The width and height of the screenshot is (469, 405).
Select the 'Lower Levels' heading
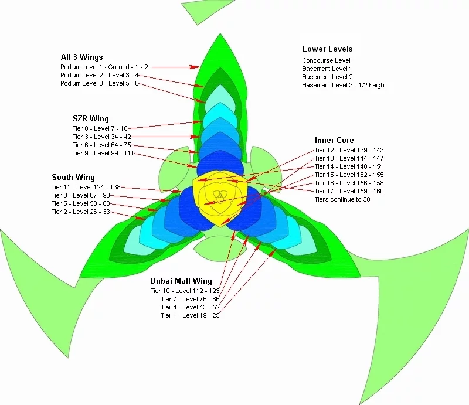[327, 49]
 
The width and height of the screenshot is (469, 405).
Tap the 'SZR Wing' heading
[90, 119]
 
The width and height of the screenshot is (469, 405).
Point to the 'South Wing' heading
[73, 178]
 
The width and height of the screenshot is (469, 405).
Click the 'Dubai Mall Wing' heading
[181, 281]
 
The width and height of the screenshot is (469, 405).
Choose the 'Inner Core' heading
[334, 141]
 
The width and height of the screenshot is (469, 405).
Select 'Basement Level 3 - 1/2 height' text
[344, 85]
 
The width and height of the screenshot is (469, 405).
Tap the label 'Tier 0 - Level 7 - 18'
[100, 128]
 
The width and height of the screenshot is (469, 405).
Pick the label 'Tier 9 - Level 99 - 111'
[103, 153]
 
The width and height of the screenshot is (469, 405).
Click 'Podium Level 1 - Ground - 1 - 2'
[104, 67]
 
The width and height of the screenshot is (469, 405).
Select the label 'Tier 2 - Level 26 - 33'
[80, 212]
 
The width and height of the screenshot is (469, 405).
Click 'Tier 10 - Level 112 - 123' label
[185, 291]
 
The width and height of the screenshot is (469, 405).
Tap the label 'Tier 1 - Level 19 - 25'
[190, 315]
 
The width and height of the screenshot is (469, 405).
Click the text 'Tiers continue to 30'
[342, 199]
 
